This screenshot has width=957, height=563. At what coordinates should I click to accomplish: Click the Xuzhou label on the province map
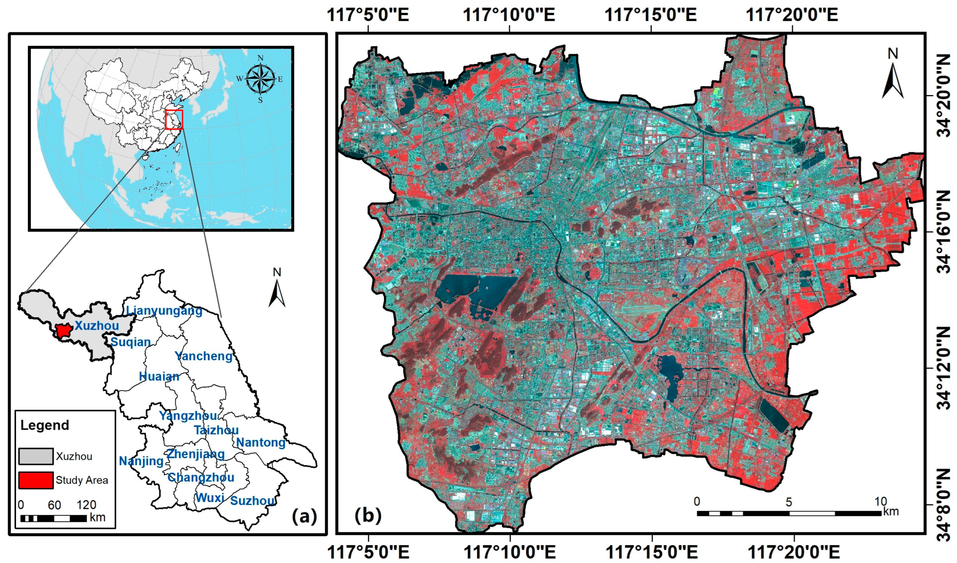click(96, 326)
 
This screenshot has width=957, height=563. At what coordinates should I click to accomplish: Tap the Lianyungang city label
click(164, 311)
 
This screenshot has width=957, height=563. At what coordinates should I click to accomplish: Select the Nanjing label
click(141, 461)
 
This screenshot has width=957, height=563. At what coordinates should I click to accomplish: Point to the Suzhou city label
click(252, 501)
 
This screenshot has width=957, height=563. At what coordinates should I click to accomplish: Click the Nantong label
click(261, 442)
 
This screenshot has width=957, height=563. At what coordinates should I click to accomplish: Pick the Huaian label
click(159, 376)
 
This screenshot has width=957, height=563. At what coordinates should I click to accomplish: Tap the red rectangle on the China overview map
click(174, 120)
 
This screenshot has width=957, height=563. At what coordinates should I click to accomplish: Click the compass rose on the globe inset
click(260, 79)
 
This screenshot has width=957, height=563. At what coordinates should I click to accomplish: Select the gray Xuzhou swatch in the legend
click(36, 456)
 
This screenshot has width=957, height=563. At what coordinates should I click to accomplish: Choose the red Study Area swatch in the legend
click(36, 480)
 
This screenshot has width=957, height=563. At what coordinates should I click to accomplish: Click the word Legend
click(44, 425)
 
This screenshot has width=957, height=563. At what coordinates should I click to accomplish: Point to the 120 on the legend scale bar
click(86, 505)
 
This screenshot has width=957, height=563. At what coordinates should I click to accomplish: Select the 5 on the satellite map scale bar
click(789, 502)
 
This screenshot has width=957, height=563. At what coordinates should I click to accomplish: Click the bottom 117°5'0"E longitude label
click(368, 552)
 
